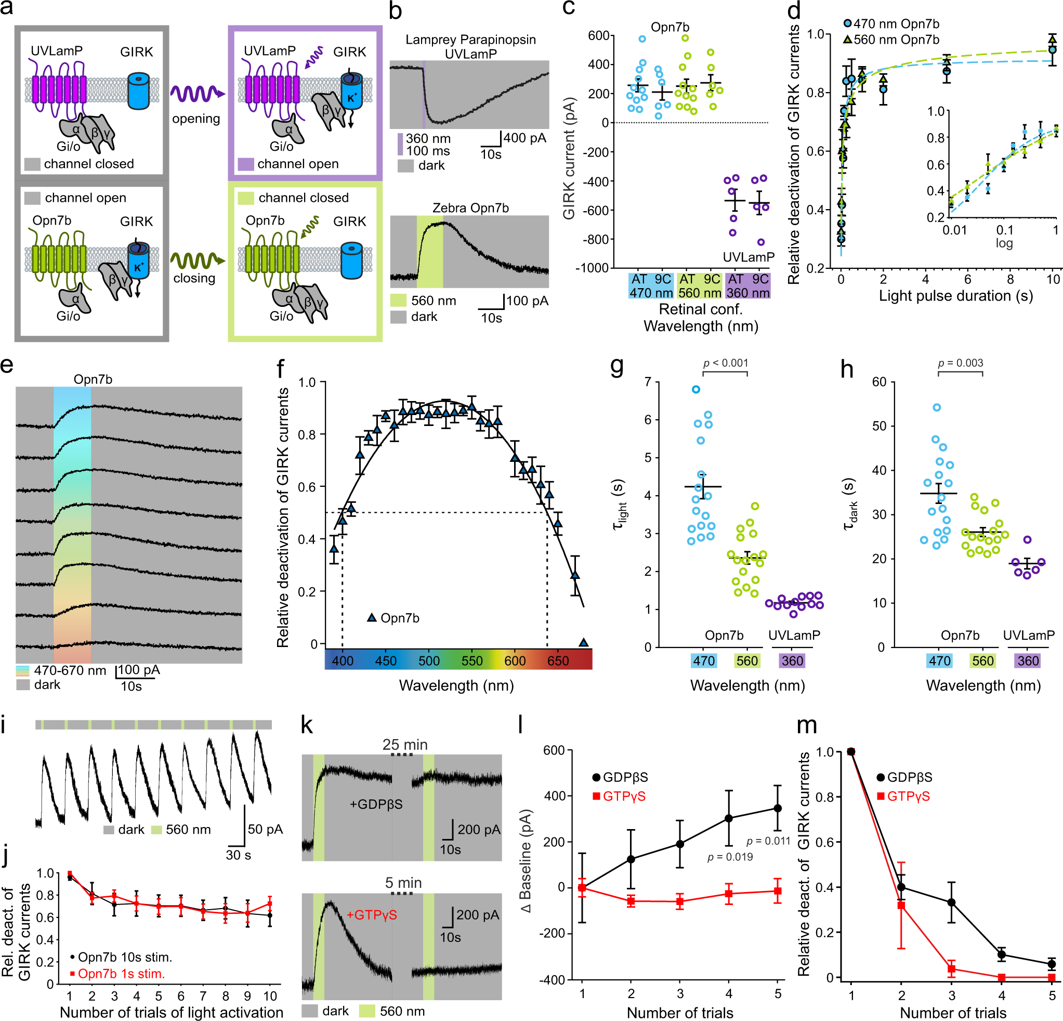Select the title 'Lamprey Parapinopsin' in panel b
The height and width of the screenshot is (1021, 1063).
(470, 40)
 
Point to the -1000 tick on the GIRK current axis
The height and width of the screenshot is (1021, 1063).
(594, 268)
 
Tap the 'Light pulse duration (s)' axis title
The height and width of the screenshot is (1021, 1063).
(955, 296)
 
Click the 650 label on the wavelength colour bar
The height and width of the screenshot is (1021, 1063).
(558, 661)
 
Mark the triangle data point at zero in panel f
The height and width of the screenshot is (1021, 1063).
(583, 643)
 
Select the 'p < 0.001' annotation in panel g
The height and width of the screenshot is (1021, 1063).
(725, 363)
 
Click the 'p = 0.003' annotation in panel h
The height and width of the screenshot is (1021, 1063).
(961, 363)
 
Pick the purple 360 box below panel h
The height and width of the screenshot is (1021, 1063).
(1027, 661)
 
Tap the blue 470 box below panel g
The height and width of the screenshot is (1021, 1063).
(704, 661)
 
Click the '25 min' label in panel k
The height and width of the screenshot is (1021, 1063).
(404, 745)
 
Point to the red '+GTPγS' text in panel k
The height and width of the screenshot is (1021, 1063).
(372, 914)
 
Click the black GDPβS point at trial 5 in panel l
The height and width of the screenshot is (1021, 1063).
(778, 808)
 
